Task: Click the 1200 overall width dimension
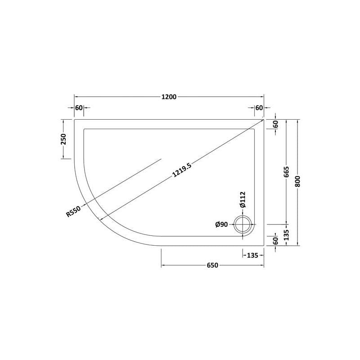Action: pos(169,97)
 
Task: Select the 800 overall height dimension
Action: pos(297,181)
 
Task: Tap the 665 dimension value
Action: pos(286,172)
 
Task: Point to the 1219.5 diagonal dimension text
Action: pos(182,170)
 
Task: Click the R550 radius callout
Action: pos(73,211)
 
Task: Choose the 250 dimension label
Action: pos(63,139)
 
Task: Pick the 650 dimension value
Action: pos(212,265)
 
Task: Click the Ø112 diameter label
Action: pos(243,199)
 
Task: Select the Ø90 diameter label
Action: pos(221,225)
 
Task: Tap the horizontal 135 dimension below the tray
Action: pos(252,255)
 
